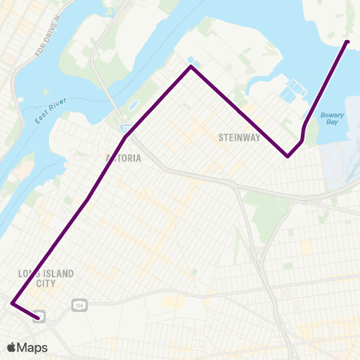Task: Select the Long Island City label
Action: [x=45, y=278]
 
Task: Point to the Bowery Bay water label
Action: [x=331, y=119]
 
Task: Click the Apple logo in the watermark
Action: [x=12, y=347]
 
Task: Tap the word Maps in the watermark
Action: [x=33, y=347]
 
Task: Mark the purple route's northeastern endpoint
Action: [x=346, y=42]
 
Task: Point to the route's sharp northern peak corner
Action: [x=191, y=67]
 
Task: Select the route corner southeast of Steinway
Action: [x=288, y=157]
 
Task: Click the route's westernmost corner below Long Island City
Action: [x=12, y=303]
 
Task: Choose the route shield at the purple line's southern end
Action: [x=38, y=317]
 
